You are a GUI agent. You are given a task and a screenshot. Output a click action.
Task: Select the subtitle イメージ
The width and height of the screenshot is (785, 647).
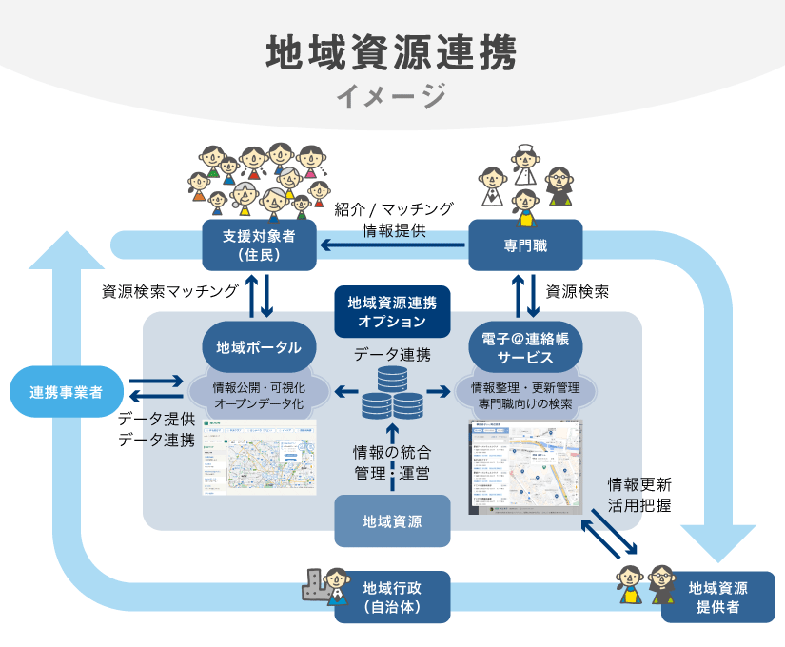(x=391, y=96)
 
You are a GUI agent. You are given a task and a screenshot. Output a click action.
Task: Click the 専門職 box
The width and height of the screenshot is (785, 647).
(x=525, y=245)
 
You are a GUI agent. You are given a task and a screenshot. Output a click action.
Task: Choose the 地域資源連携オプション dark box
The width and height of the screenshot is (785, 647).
(x=392, y=311)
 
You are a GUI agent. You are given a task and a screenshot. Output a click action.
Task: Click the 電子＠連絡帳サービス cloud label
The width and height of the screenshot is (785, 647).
(x=525, y=348)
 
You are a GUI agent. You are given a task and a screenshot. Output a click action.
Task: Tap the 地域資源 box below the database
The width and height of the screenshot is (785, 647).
(x=392, y=520)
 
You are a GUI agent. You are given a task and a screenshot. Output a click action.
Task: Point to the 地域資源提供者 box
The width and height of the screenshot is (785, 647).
(x=717, y=597)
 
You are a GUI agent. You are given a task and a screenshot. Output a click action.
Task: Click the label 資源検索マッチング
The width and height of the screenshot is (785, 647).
(x=169, y=292)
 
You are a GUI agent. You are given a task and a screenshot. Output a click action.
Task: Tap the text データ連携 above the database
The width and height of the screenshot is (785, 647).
(x=392, y=355)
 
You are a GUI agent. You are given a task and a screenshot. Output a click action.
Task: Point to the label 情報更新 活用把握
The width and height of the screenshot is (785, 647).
(x=639, y=494)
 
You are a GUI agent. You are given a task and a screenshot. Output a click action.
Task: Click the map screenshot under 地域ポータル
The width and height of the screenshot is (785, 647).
(x=260, y=455)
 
